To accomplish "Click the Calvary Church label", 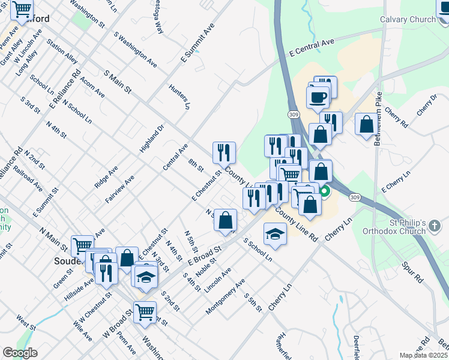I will tap(408, 20).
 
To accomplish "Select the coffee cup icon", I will tap(318, 97).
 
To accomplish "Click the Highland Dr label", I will tap(152, 138).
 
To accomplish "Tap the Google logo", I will tap(20, 352).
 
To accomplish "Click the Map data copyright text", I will tap(424, 355).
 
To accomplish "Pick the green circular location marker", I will tap(325, 193).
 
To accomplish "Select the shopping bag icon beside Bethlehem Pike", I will tap(366, 124).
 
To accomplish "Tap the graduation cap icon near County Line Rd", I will tap(275, 233).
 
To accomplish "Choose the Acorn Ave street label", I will tap(91, 87).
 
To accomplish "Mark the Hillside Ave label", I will tap(80, 284).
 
